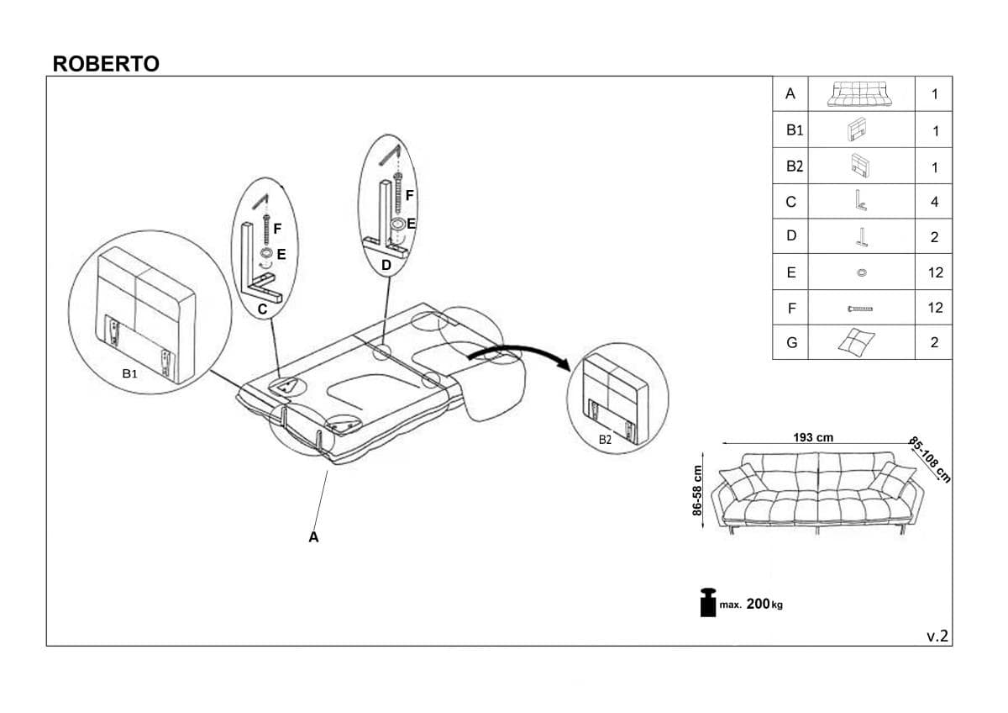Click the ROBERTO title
click(x=106, y=65)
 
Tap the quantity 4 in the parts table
click(x=934, y=202)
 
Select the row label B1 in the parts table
click(x=795, y=130)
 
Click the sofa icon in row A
click(x=859, y=94)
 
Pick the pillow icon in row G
click(x=856, y=341)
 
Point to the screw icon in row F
click(x=860, y=309)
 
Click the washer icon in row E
click(x=860, y=272)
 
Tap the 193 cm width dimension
click(x=813, y=437)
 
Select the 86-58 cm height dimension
click(x=696, y=490)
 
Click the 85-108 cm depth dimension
click(x=930, y=460)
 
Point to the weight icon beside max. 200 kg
click(x=706, y=601)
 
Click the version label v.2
click(x=937, y=636)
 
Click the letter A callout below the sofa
click(x=313, y=536)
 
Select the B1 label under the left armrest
click(x=129, y=373)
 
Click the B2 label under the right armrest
click(x=606, y=439)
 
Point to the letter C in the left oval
click(x=263, y=309)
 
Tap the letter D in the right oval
click(x=386, y=266)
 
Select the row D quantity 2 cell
click(x=934, y=237)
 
